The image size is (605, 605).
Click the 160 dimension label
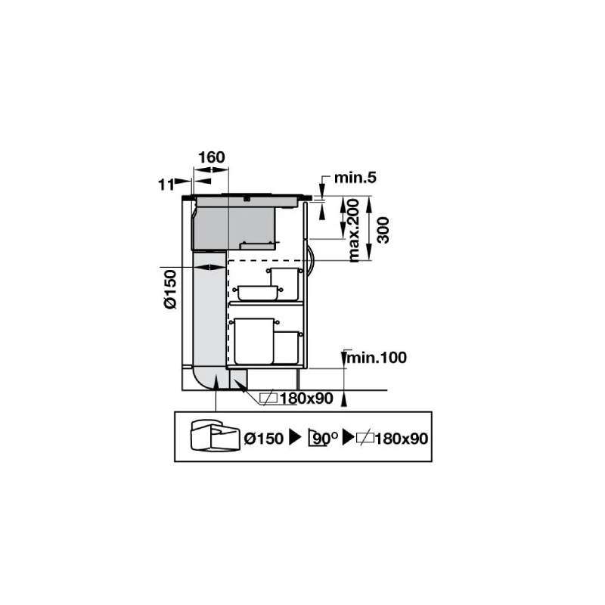point(212,157)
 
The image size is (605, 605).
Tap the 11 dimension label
point(166,185)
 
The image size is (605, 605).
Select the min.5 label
point(355,178)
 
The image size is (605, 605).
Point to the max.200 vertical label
point(353,231)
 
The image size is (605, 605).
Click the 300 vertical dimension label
point(383,231)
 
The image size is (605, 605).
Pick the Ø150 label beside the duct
point(170,290)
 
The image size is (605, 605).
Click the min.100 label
point(377,358)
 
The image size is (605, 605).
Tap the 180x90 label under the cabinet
point(306,399)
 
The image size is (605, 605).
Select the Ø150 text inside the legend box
point(264,439)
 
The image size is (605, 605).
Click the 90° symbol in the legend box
point(323,439)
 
